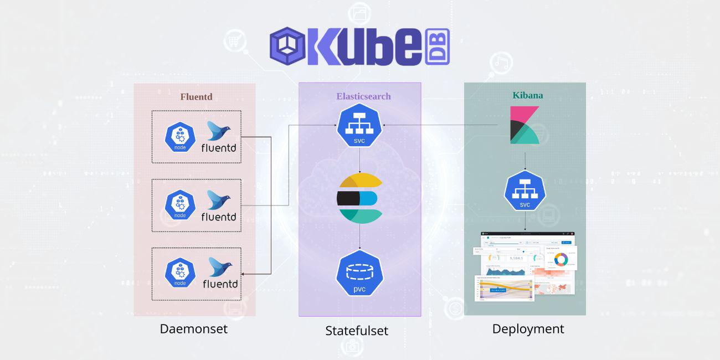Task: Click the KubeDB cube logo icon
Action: pyautogui.click(x=287, y=47)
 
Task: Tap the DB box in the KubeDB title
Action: pyautogui.click(x=437, y=47)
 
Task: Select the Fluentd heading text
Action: pyautogui.click(x=196, y=97)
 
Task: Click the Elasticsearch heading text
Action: pyautogui.click(x=363, y=96)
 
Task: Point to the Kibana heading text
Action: pyautogui.click(x=527, y=95)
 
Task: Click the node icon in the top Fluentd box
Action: pyautogui.click(x=180, y=136)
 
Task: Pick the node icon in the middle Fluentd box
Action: pyautogui.click(x=180, y=205)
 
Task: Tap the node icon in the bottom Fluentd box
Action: pyautogui.click(x=180, y=273)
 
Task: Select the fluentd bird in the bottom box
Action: pyautogui.click(x=220, y=267)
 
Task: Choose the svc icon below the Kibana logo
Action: pyautogui.click(x=524, y=191)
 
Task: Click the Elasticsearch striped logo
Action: pyautogui.click(x=360, y=198)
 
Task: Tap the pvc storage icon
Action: pyautogui.click(x=360, y=273)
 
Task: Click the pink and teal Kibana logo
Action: pyautogui.click(x=524, y=125)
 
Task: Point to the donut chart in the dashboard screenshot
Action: pyautogui.click(x=561, y=259)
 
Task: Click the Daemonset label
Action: pyautogui.click(x=194, y=328)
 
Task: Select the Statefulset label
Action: pyautogui.click(x=357, y=331)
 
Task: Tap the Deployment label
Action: pyautogui.click(x=528, y=329)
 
